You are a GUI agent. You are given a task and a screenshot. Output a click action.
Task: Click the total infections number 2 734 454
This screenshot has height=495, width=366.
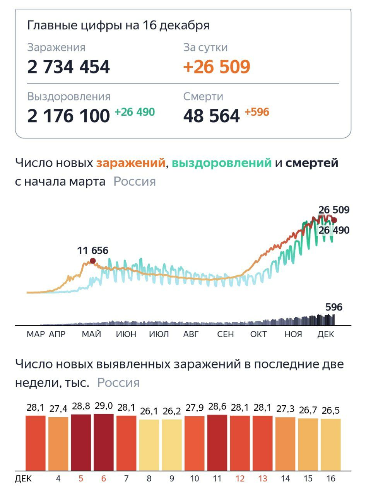[x=68, y=67]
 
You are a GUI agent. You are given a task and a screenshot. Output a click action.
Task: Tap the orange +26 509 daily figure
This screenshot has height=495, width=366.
[x=217, y=67]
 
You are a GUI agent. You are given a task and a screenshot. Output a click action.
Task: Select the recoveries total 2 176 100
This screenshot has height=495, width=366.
[x=68, y=116]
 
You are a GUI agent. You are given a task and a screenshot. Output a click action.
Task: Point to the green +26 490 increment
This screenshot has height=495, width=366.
[x=135, y=113]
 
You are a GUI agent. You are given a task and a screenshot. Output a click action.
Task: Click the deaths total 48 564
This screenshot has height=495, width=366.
[x=212, y=116]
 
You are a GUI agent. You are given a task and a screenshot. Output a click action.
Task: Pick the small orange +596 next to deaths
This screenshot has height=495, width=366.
[x=257, y=113]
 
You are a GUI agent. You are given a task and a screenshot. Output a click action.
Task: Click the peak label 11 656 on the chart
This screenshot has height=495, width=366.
[x=93, y=251]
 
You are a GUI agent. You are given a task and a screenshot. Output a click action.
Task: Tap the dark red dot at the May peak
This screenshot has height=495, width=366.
[x=93, y=261]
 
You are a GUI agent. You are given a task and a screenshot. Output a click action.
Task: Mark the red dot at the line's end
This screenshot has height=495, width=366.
[x=334, y=220]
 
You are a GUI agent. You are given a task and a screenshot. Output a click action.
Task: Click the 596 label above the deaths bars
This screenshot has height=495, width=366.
[x=334, y=307]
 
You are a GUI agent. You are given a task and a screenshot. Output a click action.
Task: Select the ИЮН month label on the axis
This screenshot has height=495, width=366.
[x=126, y=335]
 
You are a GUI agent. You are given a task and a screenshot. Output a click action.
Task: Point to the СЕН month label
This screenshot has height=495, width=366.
[x=226, y=335]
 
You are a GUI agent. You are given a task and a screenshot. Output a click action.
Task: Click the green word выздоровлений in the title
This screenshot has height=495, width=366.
[x=222, y=163]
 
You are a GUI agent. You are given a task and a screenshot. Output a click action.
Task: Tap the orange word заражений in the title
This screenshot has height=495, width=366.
[x=131, y=163]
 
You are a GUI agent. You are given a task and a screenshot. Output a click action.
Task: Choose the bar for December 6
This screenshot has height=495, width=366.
[x=104, y=442]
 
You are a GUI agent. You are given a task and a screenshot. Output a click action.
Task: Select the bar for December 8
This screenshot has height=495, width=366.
[x=149, y=445]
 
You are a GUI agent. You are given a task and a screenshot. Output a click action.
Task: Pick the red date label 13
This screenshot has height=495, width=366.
[x=263, y=479]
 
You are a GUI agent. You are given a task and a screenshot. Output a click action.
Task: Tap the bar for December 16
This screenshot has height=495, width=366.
[x=331, y=444]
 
